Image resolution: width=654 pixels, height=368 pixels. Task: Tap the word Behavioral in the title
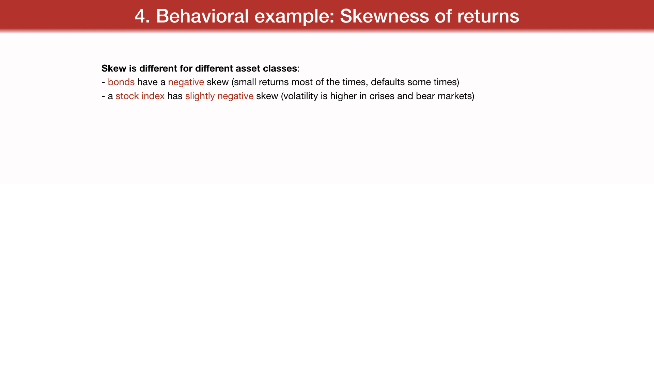coord(202,16)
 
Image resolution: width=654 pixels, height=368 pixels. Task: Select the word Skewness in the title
coord(385,16)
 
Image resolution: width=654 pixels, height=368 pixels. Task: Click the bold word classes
coord(280,68)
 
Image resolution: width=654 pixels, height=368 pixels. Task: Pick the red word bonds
coord(121,82)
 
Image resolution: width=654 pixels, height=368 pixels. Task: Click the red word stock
coord(127,96)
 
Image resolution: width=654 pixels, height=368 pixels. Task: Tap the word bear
coord(425,96)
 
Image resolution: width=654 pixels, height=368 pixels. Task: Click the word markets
coord(455,96)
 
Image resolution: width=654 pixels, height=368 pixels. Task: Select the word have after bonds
coord(147,82)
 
